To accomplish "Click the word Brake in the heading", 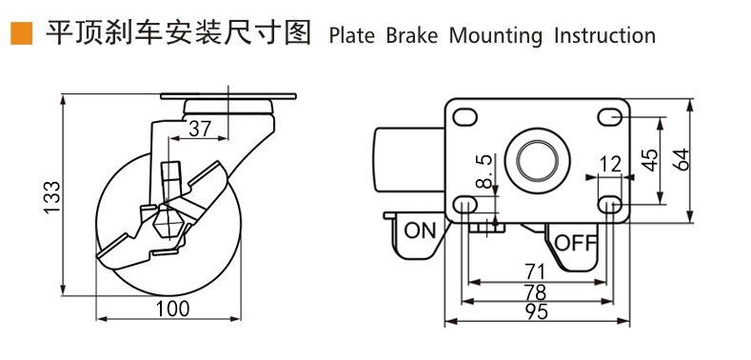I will coord(411,36).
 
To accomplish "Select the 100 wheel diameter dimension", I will coord(172,309).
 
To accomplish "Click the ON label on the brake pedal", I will coord(418,230).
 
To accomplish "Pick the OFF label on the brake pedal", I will coord(575,243).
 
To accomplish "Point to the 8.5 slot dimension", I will coord(484,172).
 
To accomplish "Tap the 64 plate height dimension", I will coord(681,159).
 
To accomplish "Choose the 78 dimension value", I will coord(538,292).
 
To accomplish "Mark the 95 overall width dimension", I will coord(538,312).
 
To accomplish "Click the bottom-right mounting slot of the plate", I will coord(610,204).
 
